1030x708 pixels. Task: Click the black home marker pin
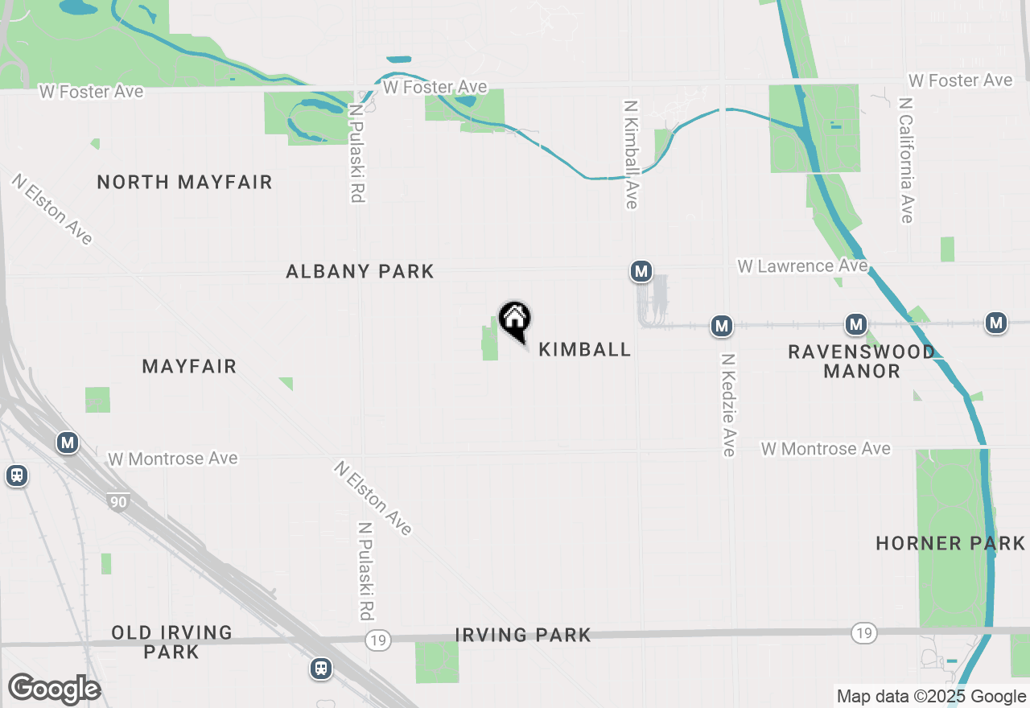click(515, 321)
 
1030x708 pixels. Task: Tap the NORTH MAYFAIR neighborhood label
click(184, 182)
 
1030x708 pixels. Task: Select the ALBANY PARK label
click(360, 272)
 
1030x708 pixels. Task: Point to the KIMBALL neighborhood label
click(584, 349)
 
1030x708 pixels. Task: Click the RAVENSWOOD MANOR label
click(861, 361)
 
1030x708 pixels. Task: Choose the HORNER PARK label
click(950, 543)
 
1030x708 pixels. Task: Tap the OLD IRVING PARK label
click(171, 642)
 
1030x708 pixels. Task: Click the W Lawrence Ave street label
click(802, 265)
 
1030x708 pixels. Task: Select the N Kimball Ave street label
click(631, 154)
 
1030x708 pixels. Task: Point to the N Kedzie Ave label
click(728, 405)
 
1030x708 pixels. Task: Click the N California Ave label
click(907, 160)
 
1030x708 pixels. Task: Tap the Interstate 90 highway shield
click(118, 502)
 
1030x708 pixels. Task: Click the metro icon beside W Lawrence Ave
click(641, 272)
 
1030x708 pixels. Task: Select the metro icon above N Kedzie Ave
click(721, 326)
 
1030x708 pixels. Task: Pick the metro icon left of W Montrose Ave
click(68, 442)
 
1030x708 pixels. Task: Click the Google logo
click(54, 689)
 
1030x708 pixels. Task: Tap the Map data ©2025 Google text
click(931, 697)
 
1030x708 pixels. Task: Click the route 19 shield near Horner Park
click(863, 633)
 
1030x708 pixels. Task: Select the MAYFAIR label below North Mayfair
click(189, 367)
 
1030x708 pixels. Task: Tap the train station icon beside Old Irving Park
click(321, 669)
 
